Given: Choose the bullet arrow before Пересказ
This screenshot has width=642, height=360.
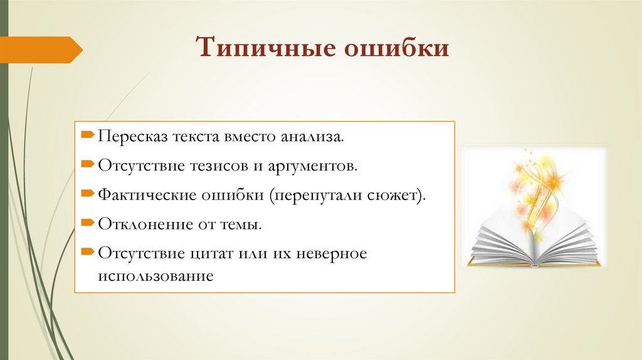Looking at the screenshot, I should pos(87,135).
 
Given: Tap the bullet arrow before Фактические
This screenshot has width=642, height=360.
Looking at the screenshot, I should pos(87,194).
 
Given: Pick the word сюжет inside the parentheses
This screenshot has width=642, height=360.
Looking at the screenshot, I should pos(401,194).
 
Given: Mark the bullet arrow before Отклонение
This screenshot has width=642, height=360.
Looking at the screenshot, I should pos(87,223).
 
